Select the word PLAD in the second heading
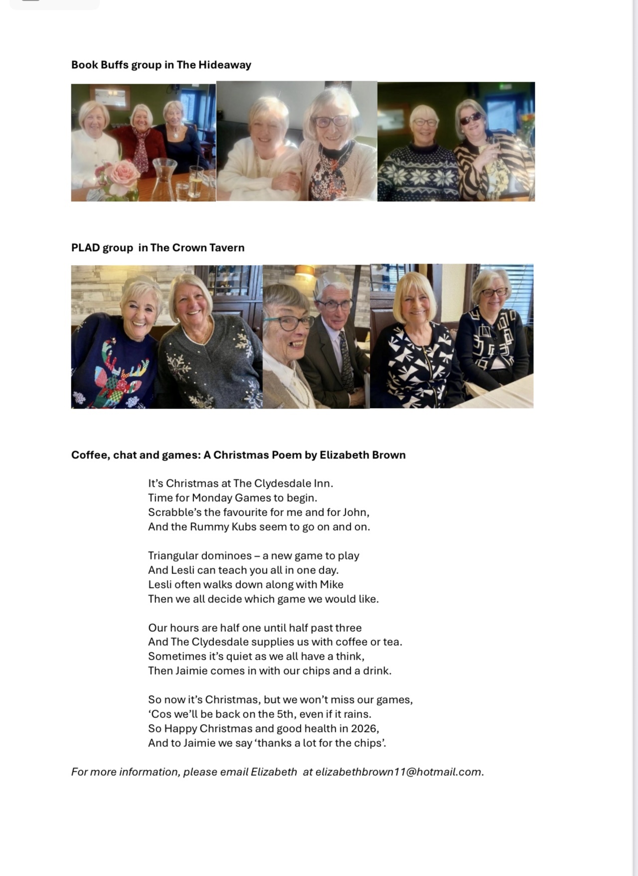pyautogui.click(x=85, y=248)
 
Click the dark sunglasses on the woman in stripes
pyautogui.click(x=470, y=119)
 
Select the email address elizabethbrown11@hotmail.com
pyautogui.click(x=398, y=772)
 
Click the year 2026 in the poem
pyautogui.click(x=364, y=729)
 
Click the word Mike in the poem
pyautogui.click(x=331, y=584)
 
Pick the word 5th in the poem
pyautogui.click(x=285, y=714)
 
